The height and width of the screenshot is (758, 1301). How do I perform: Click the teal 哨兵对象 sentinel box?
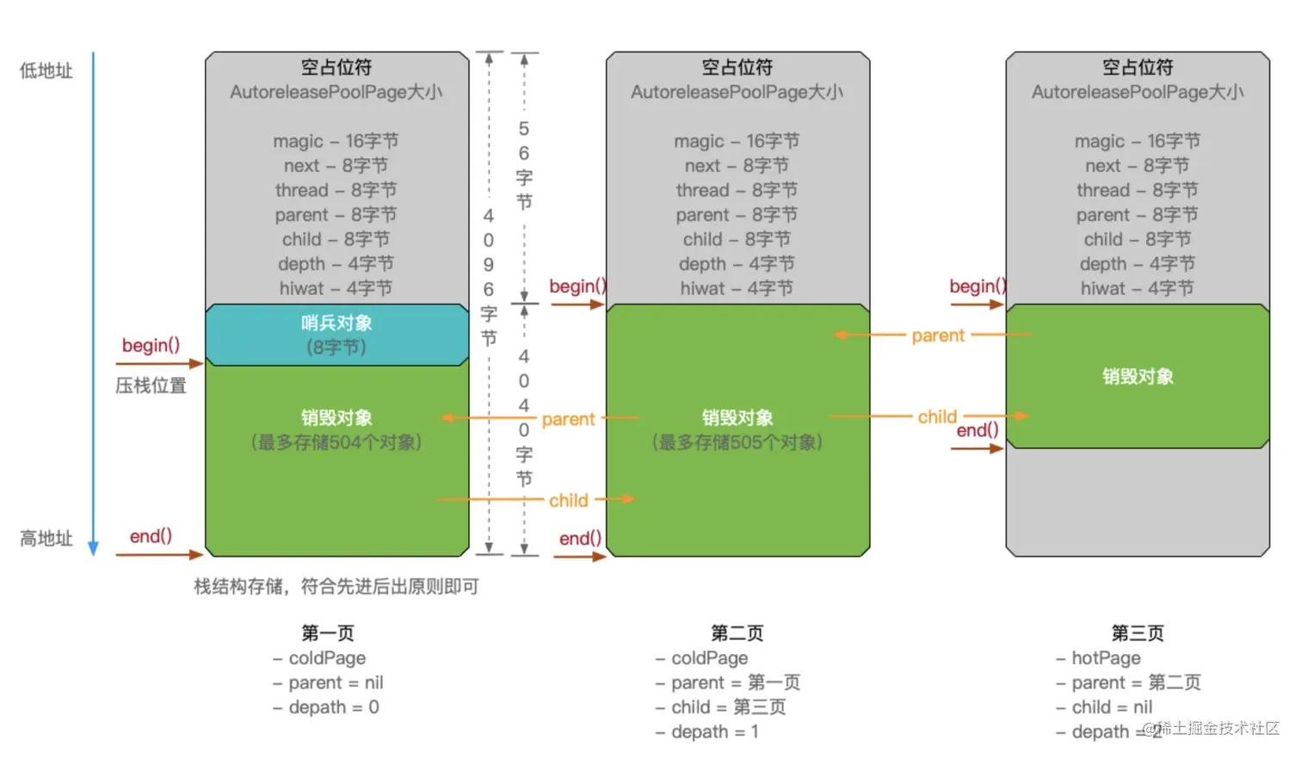[336, 335]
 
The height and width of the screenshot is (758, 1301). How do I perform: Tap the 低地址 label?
[46, 71]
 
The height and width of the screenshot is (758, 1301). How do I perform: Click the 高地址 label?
[46, 539]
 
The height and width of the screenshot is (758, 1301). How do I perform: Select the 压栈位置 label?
[151, 385]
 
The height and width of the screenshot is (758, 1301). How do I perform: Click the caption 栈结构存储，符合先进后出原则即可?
[336, 587]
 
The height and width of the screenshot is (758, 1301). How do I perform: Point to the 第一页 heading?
[328, 633]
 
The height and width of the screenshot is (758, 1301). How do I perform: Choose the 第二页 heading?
[737, 633]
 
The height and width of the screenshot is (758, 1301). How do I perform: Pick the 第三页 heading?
[1138, 633]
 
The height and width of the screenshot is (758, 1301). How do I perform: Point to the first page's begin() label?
[151, 345]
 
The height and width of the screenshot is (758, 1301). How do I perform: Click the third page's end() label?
[977, 430]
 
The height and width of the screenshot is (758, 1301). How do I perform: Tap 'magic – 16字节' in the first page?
[336, 141]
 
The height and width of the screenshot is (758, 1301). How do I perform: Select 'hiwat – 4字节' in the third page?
[1138, 289]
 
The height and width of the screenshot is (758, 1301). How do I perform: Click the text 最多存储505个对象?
[737, 442]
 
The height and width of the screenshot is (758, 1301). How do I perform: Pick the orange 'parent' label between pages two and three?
[938, 336]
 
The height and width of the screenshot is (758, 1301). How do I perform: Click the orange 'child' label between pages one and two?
[569, 501]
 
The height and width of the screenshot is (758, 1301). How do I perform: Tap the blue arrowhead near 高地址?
[94, 549]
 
